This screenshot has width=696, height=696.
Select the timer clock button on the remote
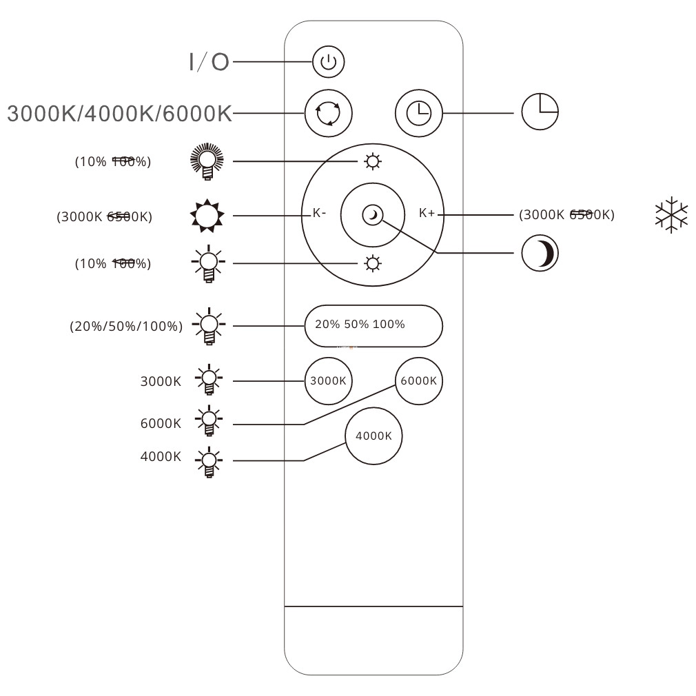point(418,112)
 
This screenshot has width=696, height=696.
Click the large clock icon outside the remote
point(540,112)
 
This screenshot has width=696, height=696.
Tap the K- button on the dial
point(319,214)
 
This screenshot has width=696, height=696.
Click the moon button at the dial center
point(373,215)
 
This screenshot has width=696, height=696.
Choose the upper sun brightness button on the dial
point(373,162)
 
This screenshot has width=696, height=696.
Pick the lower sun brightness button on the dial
point(373,263)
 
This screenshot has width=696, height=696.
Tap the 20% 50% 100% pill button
point(373,325)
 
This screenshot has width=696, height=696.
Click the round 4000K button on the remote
point(373,436)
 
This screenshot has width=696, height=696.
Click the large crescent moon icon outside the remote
point(540,254)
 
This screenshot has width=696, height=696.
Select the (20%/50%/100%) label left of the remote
point(126,327)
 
